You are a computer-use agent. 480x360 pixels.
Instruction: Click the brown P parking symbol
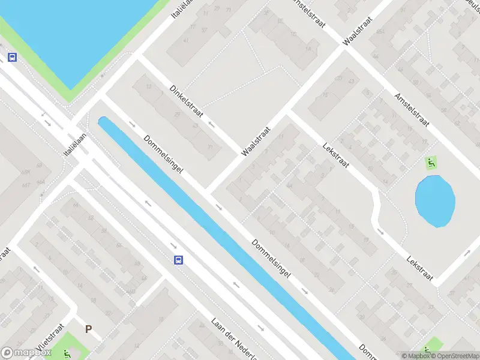pyautogui.click(x=88, y=329)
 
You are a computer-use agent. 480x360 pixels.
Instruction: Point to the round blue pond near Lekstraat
pyautogui.click(x=435, y=201)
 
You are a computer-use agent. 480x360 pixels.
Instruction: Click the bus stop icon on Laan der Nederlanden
pyautogui.click(x=178, y=260)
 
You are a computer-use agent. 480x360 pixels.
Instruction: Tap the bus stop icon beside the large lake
pyautogui.click(x=11, y=58)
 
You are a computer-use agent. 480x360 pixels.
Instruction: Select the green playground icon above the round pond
pyautogui.click(x=431, y=163)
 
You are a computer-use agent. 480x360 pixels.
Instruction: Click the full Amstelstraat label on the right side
pyautogui.click(x=411, y=110)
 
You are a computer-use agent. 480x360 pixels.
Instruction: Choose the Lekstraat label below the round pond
pyautogui.click(x=419, y=270)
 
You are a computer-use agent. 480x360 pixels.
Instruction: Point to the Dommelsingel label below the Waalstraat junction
pyautogui.click(x=271, y=259)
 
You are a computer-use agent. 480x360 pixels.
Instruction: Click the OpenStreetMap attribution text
pyautogui.click(x=456, y=356)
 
